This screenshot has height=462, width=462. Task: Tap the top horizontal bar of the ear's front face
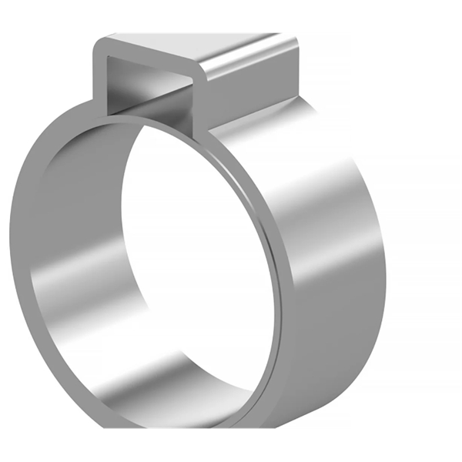150,55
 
